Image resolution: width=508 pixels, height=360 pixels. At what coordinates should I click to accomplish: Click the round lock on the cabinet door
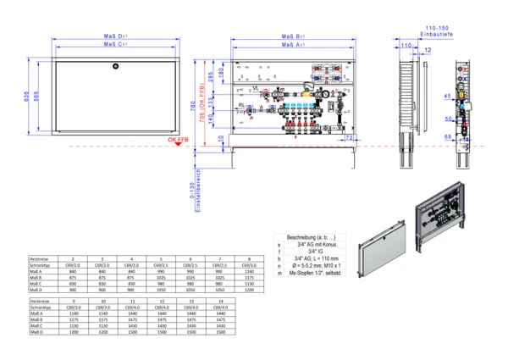[116, 65]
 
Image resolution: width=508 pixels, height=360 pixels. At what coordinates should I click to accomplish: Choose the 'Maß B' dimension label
[294, 36]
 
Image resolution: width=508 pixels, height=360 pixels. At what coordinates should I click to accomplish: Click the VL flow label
[256, 87]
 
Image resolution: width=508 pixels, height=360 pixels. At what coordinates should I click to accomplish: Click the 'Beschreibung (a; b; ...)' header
[311, 236]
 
